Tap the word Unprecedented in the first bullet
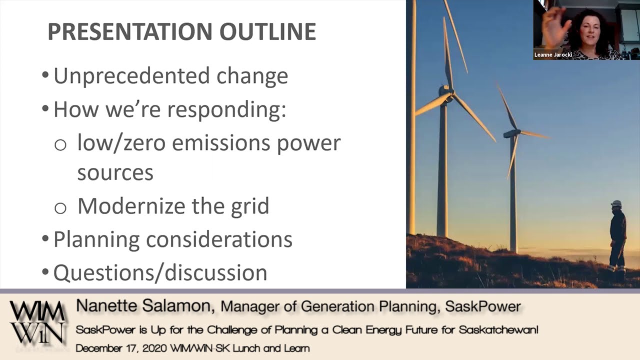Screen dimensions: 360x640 point(131,76)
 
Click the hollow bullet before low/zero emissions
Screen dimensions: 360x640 point(60,145)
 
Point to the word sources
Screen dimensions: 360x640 point(115,172)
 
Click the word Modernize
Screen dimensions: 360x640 point(131,206)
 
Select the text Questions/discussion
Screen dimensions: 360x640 point(160,272)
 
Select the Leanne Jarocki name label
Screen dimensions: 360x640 point(552,55)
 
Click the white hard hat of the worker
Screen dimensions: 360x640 point(616,203)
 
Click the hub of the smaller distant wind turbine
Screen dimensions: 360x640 point(511,133)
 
